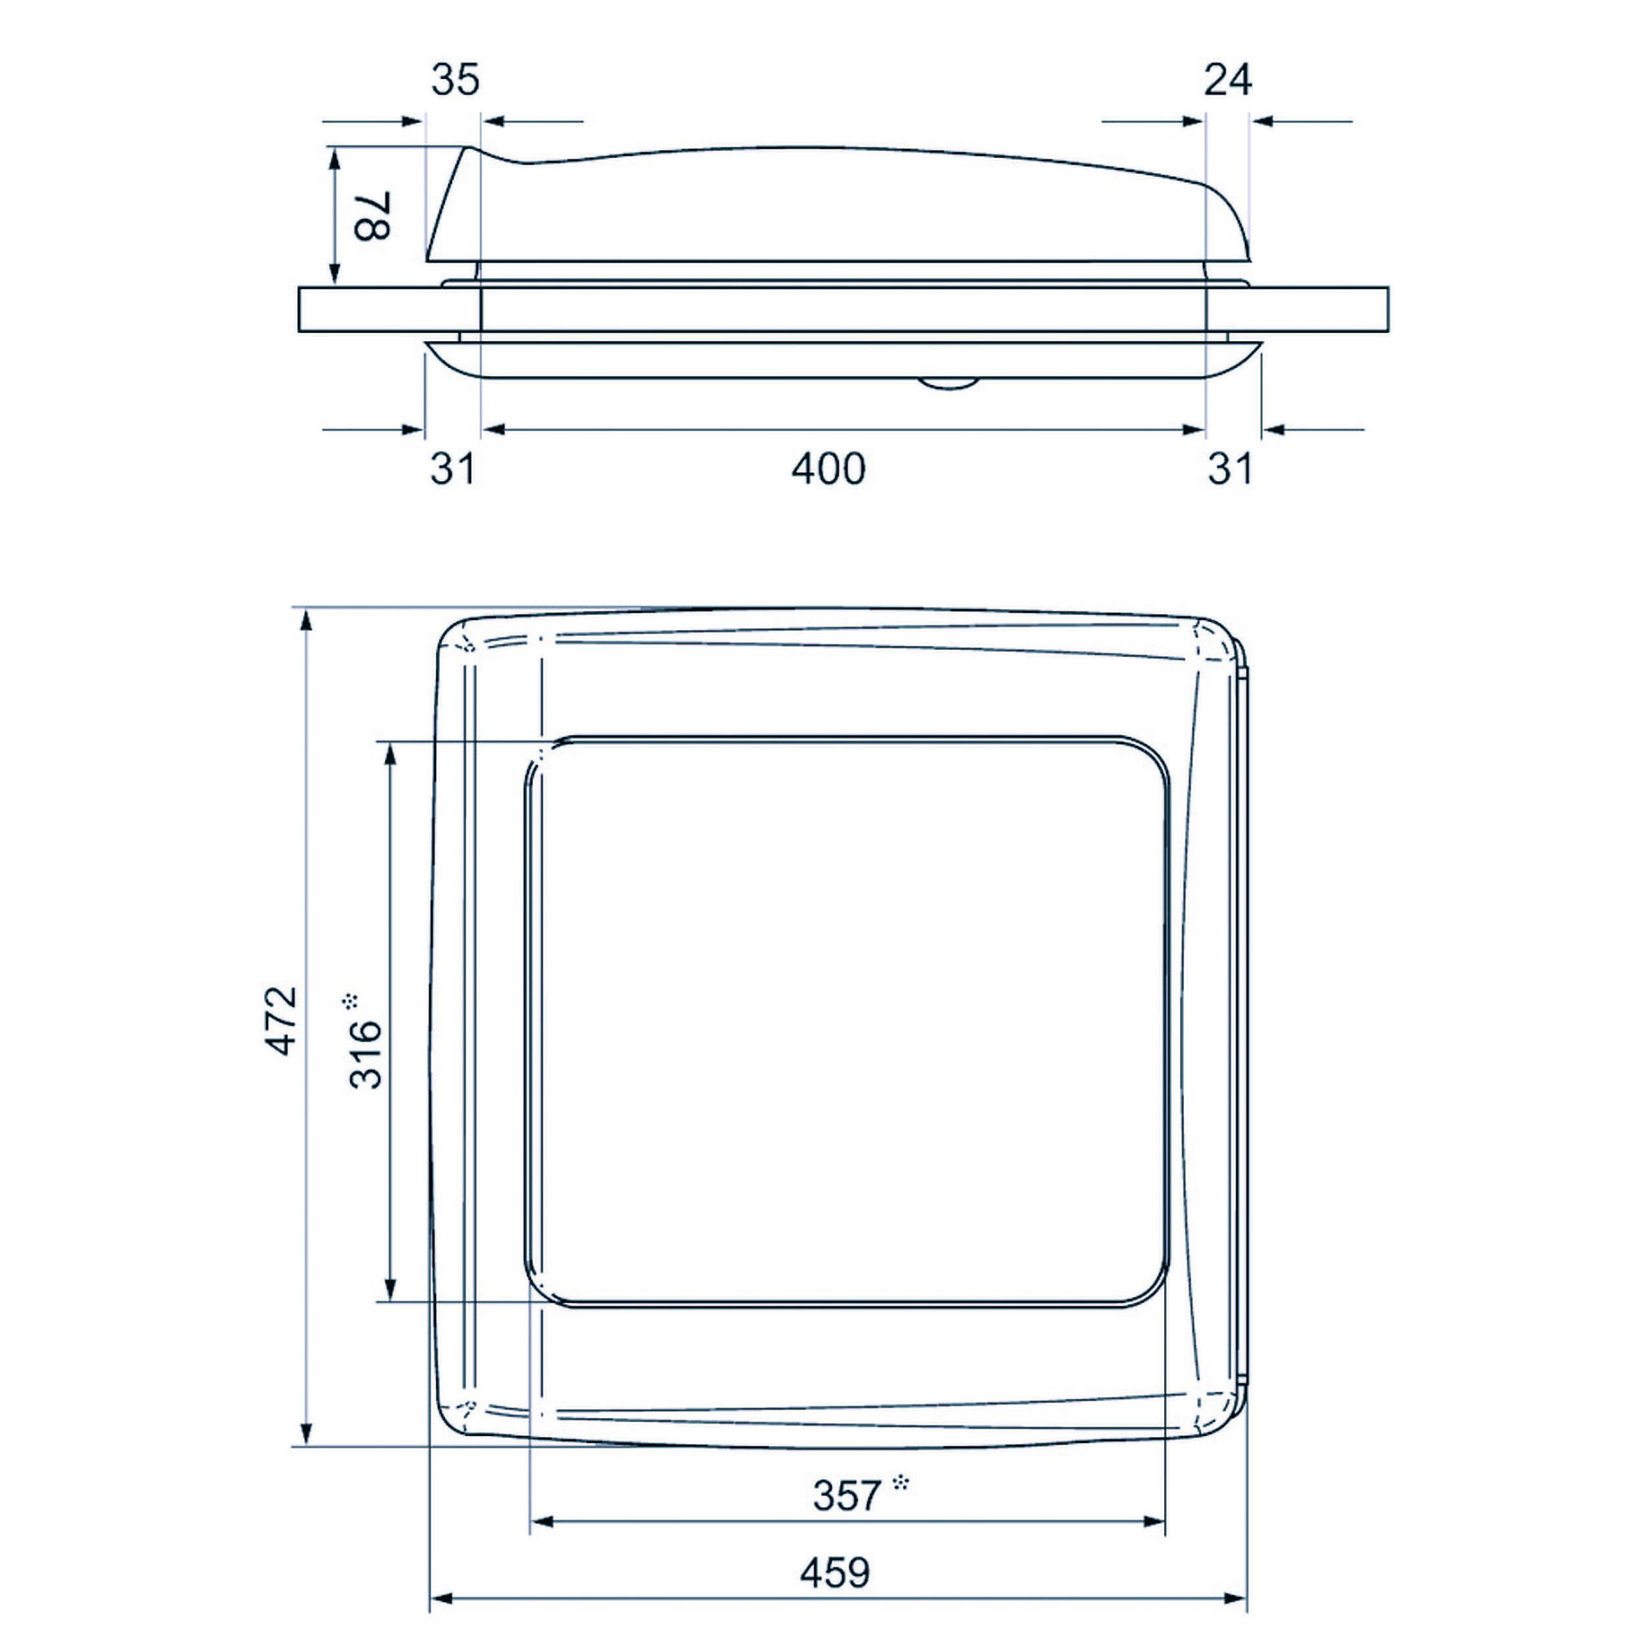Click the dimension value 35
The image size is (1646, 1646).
coord(455,80)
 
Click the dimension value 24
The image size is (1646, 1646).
coord(1228,80)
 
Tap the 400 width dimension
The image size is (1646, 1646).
coord(828,469)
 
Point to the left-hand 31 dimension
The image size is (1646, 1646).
coord(452,469)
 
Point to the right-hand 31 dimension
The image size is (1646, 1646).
coord(1231,469)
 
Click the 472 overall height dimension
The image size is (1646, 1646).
coord(281,1021)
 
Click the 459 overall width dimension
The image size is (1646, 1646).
coord(835,1573)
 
